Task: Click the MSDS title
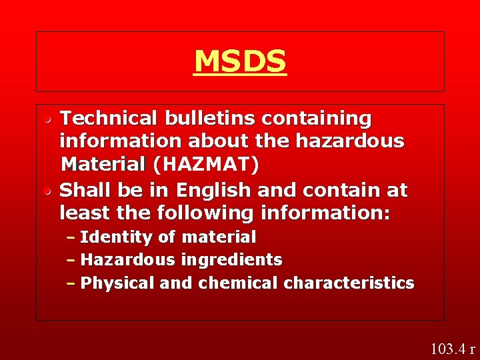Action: tap(240, 61)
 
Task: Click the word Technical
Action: tap(109, 119)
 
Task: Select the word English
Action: tap(213, 191)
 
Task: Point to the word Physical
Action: tap(117, 283)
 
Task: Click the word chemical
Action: tap(238, 283)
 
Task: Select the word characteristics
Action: tap(349, 283)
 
